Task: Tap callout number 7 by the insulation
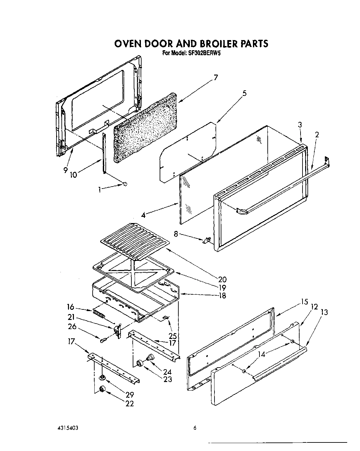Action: click(215, 78)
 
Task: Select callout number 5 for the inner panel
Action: click(244, 93)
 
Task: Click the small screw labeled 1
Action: click(124, 184)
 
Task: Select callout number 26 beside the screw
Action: click(73, 327)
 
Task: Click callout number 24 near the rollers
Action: click(168, 372)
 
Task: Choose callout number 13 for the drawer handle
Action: click(324, 312)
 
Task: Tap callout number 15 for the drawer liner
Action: click(304, 302)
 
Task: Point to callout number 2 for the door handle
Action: click(317, 135)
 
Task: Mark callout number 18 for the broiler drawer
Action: click(222, 295)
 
